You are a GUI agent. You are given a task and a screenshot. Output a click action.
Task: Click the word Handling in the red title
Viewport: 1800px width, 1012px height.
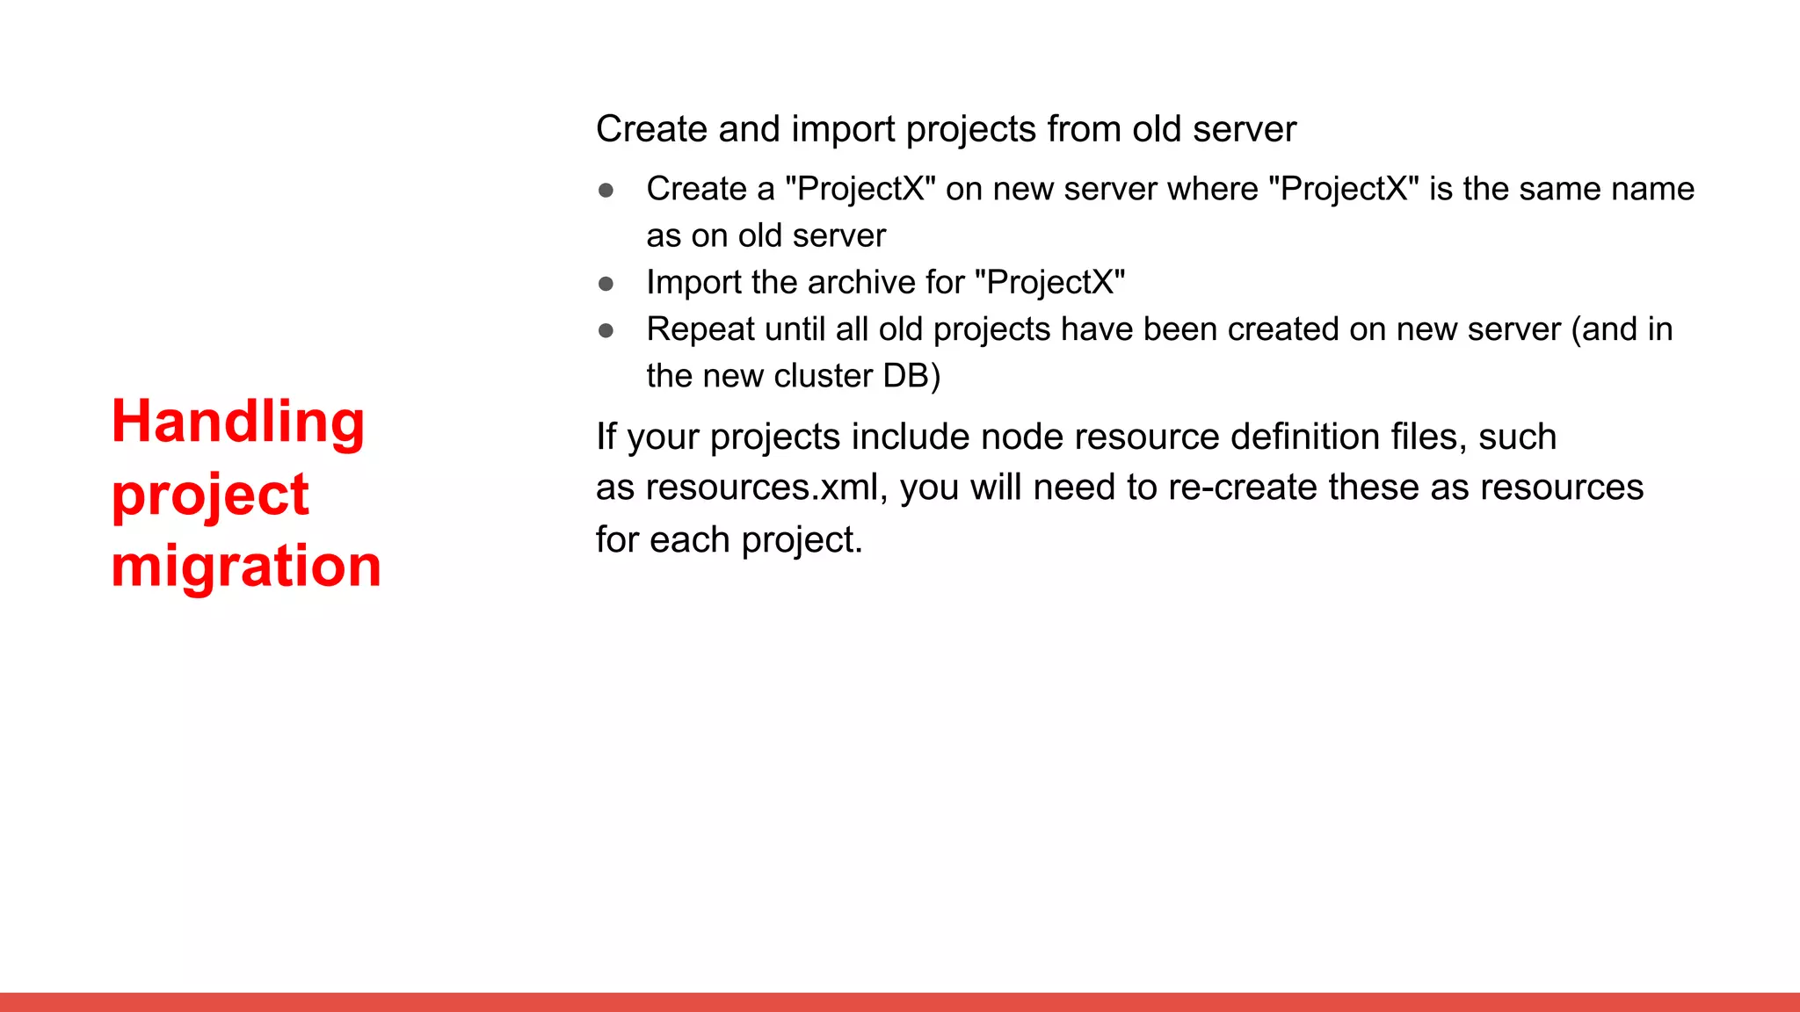(237, 423)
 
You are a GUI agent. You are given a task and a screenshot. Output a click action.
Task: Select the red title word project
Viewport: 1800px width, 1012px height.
(210, 495)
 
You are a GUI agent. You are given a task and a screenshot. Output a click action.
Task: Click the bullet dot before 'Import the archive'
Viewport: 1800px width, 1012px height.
(606, 284)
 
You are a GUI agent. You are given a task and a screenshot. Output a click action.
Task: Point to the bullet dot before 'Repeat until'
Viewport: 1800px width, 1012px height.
(606, 330)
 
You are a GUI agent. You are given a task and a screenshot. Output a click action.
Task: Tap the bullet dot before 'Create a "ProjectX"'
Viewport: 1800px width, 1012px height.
(606, 190)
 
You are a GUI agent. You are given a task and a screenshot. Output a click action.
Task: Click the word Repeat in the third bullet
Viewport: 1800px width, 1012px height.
(700, 329)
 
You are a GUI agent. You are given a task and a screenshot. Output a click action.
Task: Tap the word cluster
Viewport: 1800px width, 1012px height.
(823, 376)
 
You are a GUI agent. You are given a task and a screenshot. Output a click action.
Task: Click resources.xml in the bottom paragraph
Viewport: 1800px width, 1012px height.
(763, 488)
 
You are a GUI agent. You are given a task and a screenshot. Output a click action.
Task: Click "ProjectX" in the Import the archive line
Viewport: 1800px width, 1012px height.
(1049, 283)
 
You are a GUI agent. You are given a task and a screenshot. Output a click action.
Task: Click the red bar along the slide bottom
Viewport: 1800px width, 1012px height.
(900, 1001)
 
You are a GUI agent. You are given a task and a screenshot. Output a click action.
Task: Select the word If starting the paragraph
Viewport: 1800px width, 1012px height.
(606, 437)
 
